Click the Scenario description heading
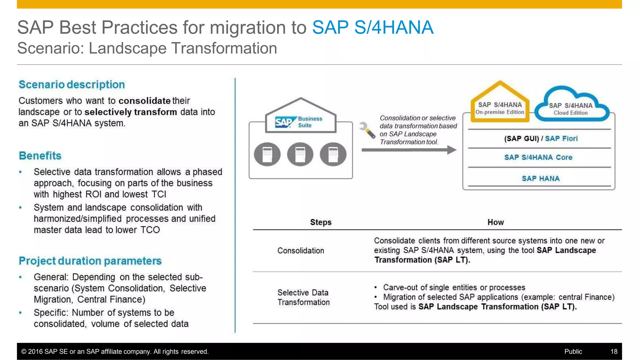click(x=72, y=85)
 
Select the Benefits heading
click(x=40, y=155)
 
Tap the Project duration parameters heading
click(x=90, y=261)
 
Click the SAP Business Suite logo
click(x=299, y=122)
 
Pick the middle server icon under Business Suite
click(x=300, y=154)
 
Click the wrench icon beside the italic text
click(x=367, y=130)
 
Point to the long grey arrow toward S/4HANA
click(x=409, y=150)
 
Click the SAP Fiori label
click(x=561, y=139)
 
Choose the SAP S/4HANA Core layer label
click(x=538, y=157)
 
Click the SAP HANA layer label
click(x=541, y=179)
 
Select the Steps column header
click(x=321, y=222)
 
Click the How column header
click(x=495, y=222)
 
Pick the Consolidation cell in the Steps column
click(x=301, y=250)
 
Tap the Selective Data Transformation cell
click(x=303, y=297)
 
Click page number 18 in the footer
click(x=614, y=352)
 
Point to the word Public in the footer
click(x=573, y=352)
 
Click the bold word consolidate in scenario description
click(x=144, y=101)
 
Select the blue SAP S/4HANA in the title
click(x=373, y=27)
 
